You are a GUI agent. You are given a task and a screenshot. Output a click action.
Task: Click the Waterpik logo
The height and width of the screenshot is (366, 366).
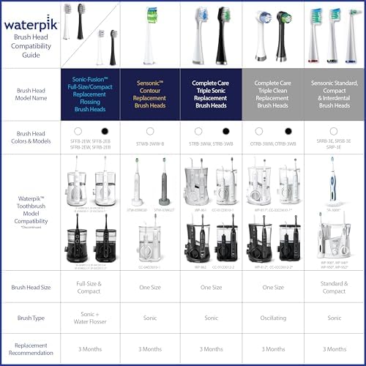pos(29,24)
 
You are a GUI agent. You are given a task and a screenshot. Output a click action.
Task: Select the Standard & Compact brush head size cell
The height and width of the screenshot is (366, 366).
pos(333,287)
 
